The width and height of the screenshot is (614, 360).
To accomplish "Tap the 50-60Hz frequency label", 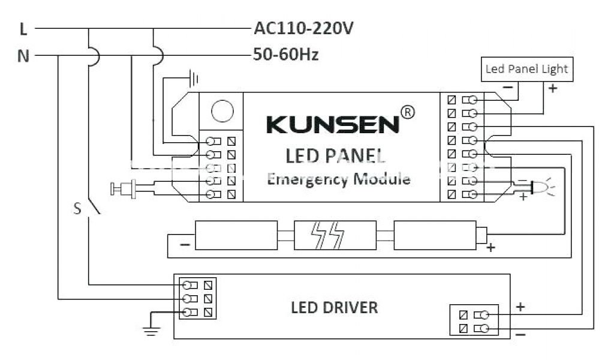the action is coord(286,55).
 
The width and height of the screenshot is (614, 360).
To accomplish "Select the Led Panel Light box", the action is coord(526,69).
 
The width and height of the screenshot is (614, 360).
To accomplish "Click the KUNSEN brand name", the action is coord(332,124).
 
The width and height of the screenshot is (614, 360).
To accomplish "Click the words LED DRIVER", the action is coord(334,308).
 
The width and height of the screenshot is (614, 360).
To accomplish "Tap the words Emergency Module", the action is coord(338,179).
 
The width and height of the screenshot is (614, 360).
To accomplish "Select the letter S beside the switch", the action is coord(77,209).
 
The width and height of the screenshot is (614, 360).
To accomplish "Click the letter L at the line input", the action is coord(23,28).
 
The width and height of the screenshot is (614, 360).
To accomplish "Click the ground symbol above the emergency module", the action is coord(193,77).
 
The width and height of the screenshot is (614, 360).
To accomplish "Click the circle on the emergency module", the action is coord(222,110).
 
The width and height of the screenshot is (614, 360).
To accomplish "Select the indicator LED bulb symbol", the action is coord(539,188).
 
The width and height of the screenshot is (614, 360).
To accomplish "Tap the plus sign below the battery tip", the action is coord(491,247).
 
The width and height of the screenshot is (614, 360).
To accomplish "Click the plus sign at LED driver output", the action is coord(520,307).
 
